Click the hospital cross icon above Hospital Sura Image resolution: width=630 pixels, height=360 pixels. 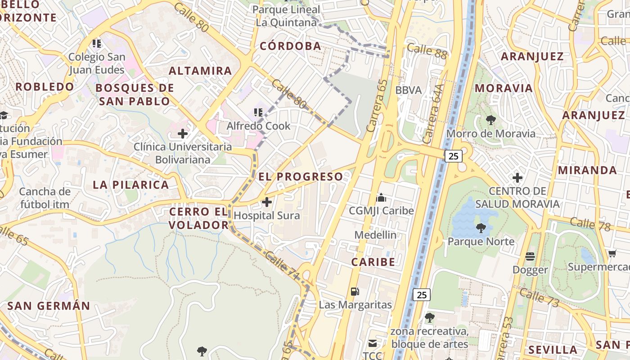267,202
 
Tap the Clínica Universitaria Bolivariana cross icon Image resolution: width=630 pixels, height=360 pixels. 183,134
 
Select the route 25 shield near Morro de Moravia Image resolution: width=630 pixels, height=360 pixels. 453,156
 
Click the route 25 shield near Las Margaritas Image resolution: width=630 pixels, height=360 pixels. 422,295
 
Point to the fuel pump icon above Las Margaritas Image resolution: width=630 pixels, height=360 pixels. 355,292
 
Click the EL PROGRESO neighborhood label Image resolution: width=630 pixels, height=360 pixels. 301,177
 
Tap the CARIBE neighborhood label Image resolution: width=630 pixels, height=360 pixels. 373,262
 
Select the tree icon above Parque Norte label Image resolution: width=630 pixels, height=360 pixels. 481,228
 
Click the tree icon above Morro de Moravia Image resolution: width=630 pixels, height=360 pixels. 490,120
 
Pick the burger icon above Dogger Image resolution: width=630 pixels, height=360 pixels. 530,256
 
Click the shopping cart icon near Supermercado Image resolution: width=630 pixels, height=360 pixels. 612,254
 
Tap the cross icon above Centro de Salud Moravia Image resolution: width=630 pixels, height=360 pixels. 517,178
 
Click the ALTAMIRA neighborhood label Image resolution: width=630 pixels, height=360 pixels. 200,71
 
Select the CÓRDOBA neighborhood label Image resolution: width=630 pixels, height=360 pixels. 291,46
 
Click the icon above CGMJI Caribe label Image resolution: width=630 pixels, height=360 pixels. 381,198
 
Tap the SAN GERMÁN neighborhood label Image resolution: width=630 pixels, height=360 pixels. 49,306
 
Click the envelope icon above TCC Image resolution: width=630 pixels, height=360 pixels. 373,344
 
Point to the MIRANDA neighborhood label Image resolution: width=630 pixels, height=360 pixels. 587,170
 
